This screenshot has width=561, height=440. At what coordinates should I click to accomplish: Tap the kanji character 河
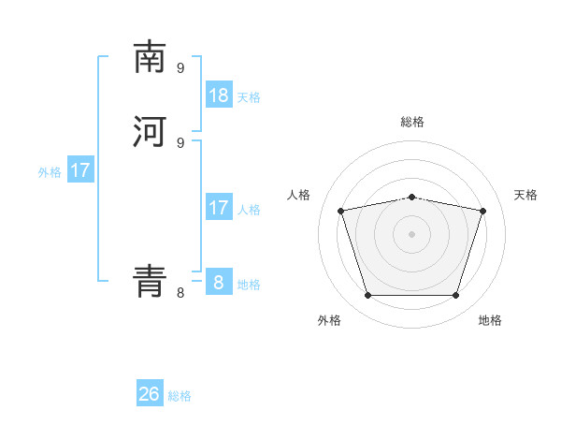tap(150, 132)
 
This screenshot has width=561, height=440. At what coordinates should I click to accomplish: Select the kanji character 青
tap(150, 280)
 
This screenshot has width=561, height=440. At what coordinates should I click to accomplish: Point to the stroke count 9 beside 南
tap(180, 67)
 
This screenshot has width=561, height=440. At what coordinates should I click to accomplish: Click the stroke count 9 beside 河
tap(180, 142)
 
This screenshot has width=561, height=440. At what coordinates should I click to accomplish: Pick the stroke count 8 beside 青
tap(180, 293)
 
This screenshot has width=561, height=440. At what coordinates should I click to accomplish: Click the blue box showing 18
tap(219, 95)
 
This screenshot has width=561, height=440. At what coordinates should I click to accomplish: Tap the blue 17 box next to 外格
tap(80, 170)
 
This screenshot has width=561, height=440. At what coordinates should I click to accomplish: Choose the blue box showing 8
tap(219, 282)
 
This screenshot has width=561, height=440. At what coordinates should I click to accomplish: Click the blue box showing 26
tap(150, 394)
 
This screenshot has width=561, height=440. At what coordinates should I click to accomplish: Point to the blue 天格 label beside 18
tap(249, 97)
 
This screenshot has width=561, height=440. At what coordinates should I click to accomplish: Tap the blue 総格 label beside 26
tap(180, 397)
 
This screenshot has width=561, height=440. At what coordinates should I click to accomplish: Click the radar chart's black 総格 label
tap(412, 122)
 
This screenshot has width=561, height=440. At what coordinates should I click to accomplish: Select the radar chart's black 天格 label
tap(526, 195)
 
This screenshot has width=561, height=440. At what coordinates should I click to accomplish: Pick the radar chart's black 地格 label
tap(490, 321)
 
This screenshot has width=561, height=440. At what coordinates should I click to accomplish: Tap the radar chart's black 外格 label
tap(329, 321)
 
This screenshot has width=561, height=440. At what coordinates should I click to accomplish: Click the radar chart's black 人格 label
tap(299, 195)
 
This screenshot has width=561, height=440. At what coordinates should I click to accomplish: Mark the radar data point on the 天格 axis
tap(482, 211)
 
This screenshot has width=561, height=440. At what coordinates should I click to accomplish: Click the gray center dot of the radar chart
tap(411, 234)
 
